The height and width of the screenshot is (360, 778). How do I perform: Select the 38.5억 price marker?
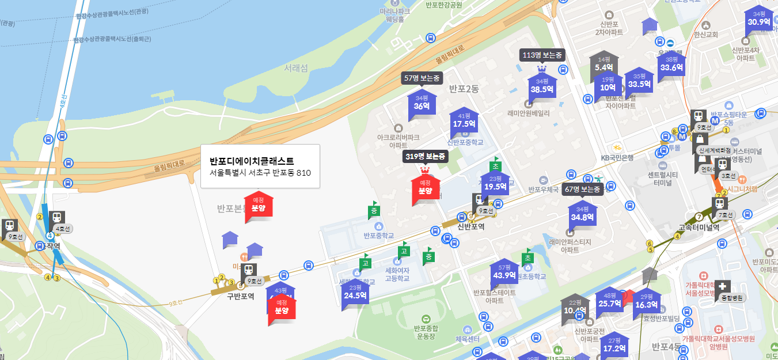(x=541, y=86)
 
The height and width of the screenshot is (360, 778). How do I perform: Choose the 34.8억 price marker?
(x=582, y=214)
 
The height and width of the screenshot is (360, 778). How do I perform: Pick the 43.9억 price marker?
(x=504, y=272)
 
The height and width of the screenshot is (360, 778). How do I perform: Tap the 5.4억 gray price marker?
(x=604, y=64)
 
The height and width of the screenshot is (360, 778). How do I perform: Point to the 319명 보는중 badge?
(x=426, y=157)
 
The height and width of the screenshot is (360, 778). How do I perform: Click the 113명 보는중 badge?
(x=541, y=55)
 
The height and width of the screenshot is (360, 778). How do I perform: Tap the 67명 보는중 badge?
(x=582, y=190)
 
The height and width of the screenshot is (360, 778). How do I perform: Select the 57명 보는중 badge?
(x=422, y=78)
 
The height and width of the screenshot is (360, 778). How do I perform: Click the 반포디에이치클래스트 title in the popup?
(x=252, y=161)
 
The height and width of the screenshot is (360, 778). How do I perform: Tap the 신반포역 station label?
(x=470, y=227)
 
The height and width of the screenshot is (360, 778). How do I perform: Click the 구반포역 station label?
(x=240, y=296)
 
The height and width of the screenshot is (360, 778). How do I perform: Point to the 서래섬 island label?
(x=296, y=68)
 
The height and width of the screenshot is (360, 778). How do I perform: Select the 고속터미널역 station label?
(x=699, y=227)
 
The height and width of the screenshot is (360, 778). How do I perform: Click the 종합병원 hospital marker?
(x=731, y=298)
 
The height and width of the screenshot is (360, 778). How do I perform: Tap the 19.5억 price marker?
(x=495, y=184)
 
